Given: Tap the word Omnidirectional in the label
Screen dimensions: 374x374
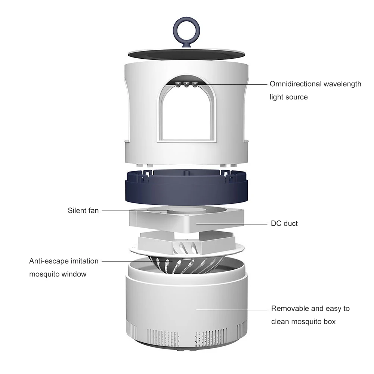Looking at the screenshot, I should (295, 84).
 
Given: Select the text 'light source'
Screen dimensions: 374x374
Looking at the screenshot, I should (289, 97).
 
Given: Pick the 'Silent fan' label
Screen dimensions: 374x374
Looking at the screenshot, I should (83, 210).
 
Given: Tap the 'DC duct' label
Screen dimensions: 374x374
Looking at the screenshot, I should (284, 224).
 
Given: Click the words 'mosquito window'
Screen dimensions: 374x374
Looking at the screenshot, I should (58, 274).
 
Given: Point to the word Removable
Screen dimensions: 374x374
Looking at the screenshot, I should (290, 309).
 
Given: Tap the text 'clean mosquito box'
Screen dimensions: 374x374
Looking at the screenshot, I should (303, 321).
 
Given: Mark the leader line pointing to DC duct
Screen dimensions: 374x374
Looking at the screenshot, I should (232, 224).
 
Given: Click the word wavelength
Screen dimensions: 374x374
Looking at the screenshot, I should (342, 84).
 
